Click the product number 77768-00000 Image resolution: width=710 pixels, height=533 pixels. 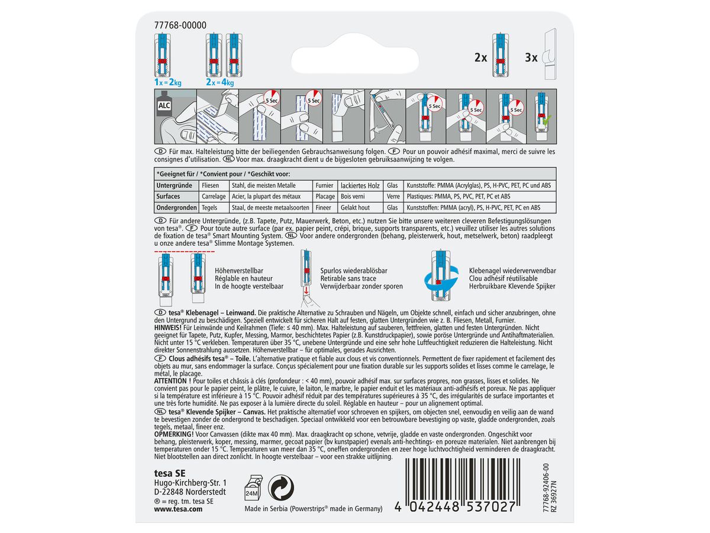click(180, 25)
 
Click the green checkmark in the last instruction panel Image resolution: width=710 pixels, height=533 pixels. click(547, 120)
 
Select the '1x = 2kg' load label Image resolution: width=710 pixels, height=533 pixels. click(167, 82)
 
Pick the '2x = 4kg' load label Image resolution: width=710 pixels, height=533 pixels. click(220, 82)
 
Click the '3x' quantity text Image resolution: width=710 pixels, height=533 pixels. click(531, 57)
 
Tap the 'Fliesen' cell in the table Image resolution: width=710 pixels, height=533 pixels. click(210, 185)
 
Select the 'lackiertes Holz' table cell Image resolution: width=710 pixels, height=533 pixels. click(360, 185)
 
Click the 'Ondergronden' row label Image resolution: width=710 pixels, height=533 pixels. click(176, 207)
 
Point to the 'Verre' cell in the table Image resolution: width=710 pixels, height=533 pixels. click(393, 197)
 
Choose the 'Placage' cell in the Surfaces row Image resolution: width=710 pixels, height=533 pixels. click(325, 197)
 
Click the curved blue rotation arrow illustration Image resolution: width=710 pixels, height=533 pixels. click(441, 280)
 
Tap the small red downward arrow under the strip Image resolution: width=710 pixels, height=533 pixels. click(306, 291)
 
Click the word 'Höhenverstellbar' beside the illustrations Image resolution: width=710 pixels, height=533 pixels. click(238, 271)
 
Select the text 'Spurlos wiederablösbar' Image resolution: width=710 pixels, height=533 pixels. click(354, 271)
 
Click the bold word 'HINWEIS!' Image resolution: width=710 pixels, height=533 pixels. click(167, 327)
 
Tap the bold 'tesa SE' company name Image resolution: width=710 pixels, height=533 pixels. click(169, 473)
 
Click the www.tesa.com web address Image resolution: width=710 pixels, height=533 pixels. click(178, 509)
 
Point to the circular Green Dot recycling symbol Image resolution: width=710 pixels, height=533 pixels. click(281, 487)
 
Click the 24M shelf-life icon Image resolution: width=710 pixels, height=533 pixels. click(253, 487)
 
